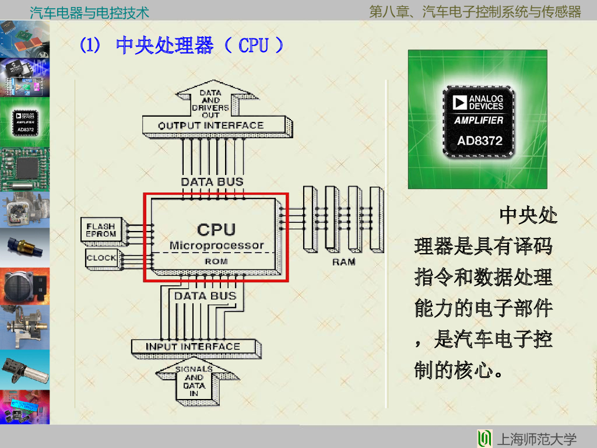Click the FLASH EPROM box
click(x=101, y=230)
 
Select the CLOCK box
click(x=101, y=258)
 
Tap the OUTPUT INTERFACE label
click(x=211, y=125)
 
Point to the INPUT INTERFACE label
click(x=192, y=346)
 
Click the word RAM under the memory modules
click(x=343, y=262)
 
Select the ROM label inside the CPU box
click(x=216, y=261)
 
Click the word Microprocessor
click(x=216, y=246)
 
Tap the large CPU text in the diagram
click(x=216, y=229)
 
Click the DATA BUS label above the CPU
click(x=212, y=181)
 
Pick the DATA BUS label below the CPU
click(x=205, y=296)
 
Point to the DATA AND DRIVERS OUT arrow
click(x=210, y=104)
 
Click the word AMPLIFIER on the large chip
click(x=479, y=120)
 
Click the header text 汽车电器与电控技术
click(x=89, y=12)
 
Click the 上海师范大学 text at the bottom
click(x=536, y=439)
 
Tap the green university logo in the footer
click(x=484, y=439)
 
